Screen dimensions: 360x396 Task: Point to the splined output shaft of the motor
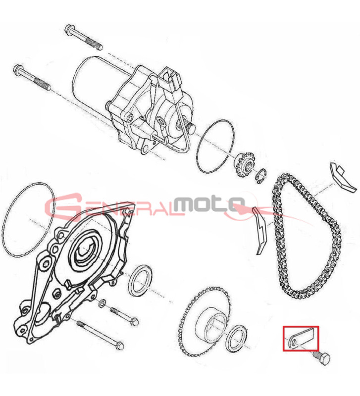[x=189, y=126]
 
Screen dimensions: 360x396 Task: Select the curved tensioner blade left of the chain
[x=261, y=230]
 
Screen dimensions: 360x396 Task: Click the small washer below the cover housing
[x=103, y=303]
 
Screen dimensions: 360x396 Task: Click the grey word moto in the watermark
[x=209, y=204]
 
